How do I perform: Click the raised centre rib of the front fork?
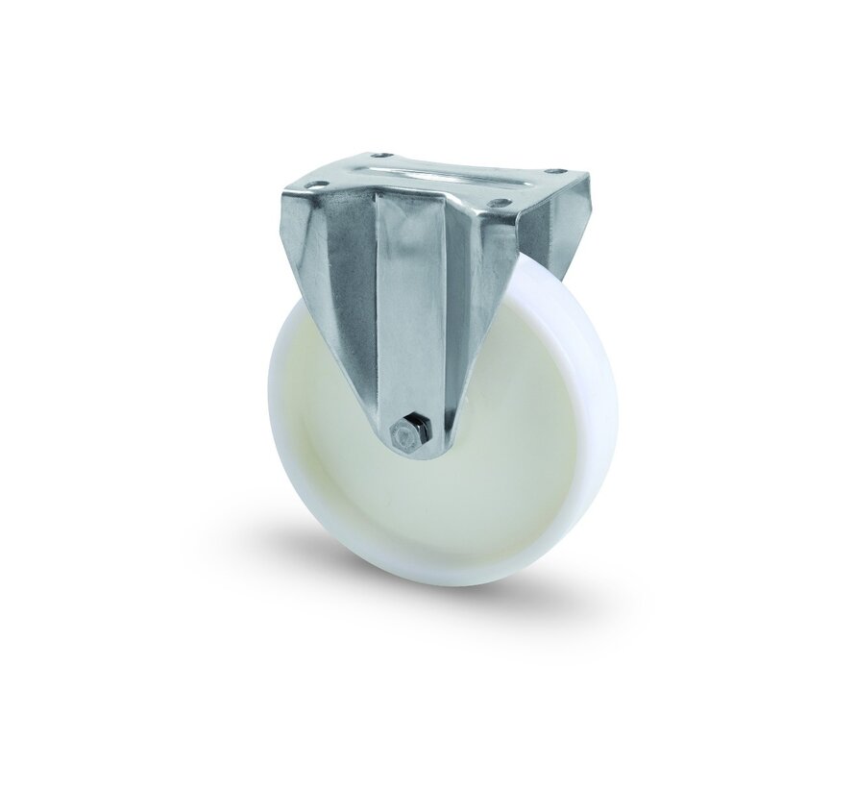[413, 308]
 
